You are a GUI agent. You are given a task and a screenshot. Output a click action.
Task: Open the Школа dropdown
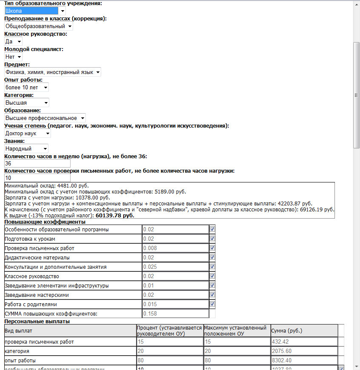pyautogui.click(x=35, y=11)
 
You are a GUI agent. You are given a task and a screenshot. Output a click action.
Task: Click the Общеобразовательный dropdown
pyautogui.click(x=39, y=26)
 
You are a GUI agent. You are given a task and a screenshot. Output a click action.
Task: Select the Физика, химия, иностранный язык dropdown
pyautogui.click(x=52, y=72)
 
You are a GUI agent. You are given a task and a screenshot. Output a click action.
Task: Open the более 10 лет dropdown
pyautogui.click(x=26, y=87)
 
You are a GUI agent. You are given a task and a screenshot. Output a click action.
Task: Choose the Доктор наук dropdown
pyautogui.click(x=27, y=133)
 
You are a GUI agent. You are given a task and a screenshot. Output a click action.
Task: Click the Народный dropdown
pyautogui.click(x=26, y=148)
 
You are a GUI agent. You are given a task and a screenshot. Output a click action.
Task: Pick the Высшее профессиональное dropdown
pyautogui.click(x=45, y=118)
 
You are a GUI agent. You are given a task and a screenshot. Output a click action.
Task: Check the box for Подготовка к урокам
pyautogui.click(x=212, y=239)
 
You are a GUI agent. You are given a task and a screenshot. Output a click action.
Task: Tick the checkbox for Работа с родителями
pyautogui.click(x=212, y=304)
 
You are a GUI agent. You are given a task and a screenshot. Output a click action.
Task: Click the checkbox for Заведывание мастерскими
pyautogui.click(x=212, y=295)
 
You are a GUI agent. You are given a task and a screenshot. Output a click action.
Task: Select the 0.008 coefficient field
pyautogui.click(x=175, y=248)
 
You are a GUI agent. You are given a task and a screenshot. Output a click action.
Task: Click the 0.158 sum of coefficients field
pyautogui.click(x=175, y=314)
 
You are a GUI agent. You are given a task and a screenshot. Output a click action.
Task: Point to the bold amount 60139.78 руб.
pyautogui.click(x=115, y=216)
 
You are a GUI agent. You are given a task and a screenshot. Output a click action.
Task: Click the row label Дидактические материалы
pyautogui.click(x=37, y=258)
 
